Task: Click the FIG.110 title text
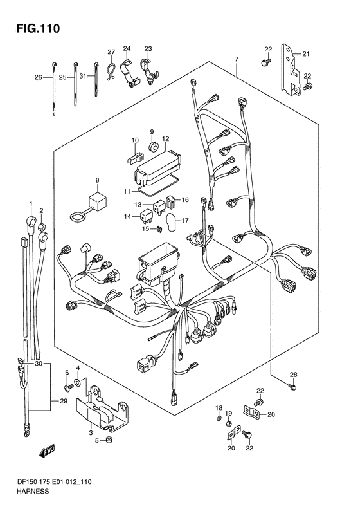[x=39, y=28]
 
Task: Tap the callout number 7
[x=237, y=59]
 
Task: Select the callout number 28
[x=293, y=375]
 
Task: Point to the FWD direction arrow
[x=47, y=450]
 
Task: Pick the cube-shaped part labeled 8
[x=98, y=200]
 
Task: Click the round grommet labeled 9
[x=153, y=147]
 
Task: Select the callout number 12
[x=166, y=139]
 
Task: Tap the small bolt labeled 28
[x=293, y=387]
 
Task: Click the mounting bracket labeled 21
[x=291, y=69]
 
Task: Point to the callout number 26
[x=39, y=77]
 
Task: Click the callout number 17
[x=185, y=221]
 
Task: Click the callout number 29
[x=64, y=401]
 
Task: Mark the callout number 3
[x=91, y=432]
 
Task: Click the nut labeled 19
[x=229, y=423]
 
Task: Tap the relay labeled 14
[x=145, y=217]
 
